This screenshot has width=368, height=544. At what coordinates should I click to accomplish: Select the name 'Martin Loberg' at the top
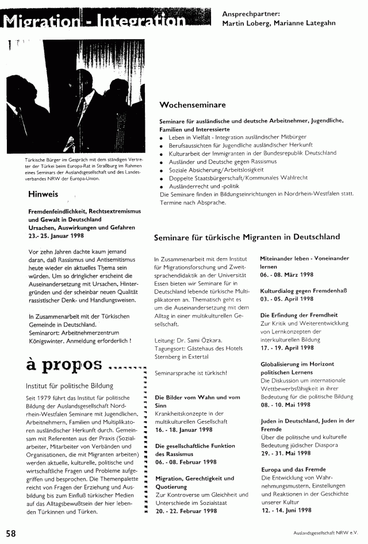246,24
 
